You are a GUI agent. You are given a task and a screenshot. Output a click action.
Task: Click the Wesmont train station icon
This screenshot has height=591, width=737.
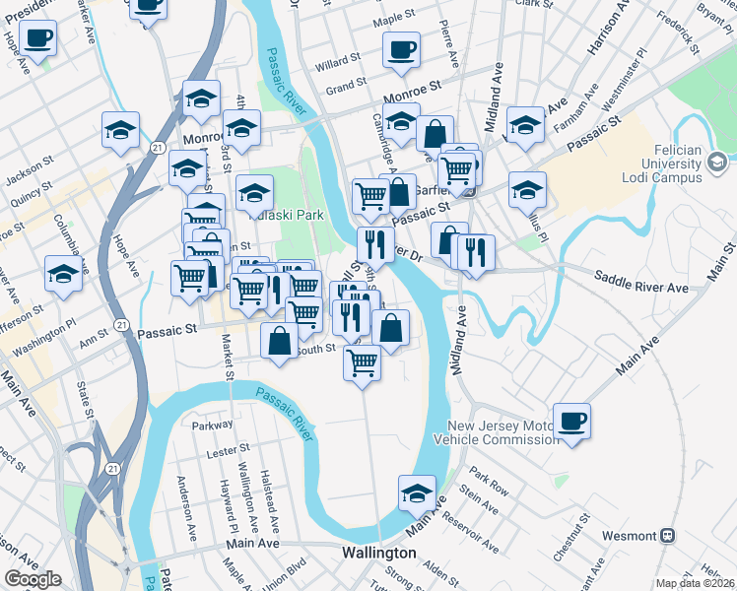667,536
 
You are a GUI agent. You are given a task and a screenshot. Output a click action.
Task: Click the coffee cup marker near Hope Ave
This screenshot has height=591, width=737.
37,39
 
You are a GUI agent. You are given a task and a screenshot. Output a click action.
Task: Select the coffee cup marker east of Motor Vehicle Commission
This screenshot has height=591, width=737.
571,422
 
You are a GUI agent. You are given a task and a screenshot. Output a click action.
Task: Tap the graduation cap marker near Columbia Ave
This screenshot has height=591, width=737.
63,274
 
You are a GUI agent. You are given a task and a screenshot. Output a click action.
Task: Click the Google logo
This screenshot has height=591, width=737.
33,579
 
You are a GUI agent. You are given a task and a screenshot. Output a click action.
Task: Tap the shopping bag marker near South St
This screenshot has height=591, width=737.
280,341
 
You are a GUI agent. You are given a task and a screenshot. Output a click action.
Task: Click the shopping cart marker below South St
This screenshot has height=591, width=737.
363,362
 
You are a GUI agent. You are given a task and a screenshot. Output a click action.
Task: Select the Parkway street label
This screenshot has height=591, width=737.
214,426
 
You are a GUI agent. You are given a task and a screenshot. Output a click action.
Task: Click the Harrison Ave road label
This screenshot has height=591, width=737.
609,30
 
